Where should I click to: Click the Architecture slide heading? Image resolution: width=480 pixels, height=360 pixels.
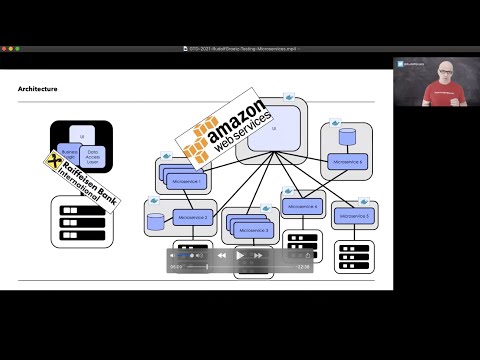pos(38,89)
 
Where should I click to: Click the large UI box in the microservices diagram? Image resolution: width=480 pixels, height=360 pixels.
pos(274,130)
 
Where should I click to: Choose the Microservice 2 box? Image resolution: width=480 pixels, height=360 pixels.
pos(194,216)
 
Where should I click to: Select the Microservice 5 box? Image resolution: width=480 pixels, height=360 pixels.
pos(353,214)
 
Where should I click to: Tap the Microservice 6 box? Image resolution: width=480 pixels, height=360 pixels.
pos(348,160)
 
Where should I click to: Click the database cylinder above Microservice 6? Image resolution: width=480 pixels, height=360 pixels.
pos(348,136)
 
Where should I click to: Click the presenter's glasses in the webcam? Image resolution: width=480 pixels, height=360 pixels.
pos(436,71)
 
